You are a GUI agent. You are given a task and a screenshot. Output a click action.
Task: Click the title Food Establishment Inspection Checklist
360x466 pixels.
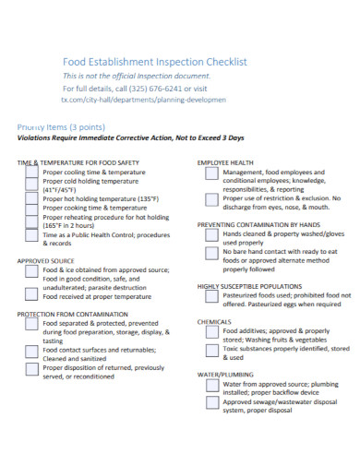[x=154, y=61]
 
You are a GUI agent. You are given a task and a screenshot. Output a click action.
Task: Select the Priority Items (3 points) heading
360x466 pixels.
[x=61, y=126]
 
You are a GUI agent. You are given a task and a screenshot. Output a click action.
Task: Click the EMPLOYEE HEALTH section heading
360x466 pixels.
[x=225, y=161]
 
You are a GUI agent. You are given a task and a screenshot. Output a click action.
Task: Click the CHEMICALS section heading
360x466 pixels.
[x=214, y=322]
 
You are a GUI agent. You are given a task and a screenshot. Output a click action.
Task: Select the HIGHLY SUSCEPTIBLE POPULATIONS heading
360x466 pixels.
[x=249, y=287]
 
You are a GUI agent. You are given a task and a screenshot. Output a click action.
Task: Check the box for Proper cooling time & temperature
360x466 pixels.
[x=31, y=173]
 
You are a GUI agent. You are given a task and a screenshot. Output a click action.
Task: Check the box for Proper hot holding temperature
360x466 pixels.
[x=31, y=198]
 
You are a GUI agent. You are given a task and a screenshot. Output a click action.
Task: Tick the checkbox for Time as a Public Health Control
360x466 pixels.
[x=31, y=238]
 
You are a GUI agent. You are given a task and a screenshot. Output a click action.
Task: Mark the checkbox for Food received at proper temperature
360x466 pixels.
[x=31, y=296]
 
